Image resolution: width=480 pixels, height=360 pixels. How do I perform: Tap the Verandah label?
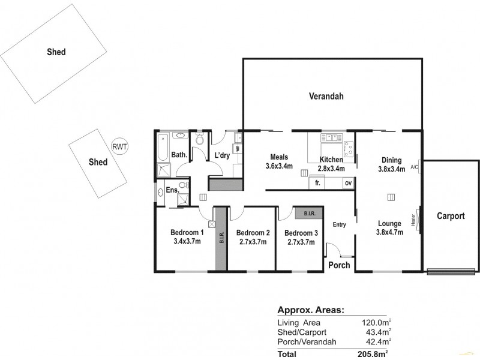(326, 95)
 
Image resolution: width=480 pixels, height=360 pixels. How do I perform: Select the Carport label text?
(450, 216)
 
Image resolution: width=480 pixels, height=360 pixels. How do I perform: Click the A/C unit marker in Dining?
(414, 167)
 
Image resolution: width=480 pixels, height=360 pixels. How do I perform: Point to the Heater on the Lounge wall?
(414, 220)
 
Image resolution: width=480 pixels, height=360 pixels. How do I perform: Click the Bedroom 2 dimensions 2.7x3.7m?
(252, 241)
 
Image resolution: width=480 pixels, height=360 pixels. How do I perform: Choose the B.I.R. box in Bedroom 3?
(310, 213)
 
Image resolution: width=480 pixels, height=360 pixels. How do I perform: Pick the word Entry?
(340, 225)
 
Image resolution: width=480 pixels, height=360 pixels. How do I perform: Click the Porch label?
(338, 265)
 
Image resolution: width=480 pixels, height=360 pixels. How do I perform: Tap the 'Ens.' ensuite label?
(172, 190)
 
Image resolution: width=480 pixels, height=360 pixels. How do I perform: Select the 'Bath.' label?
(179, 155)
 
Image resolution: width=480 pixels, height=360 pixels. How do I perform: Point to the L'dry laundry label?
(222, 155)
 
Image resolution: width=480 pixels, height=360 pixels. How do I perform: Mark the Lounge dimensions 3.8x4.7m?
(389, 232)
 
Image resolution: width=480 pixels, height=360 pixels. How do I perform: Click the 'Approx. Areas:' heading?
(310, 310)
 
